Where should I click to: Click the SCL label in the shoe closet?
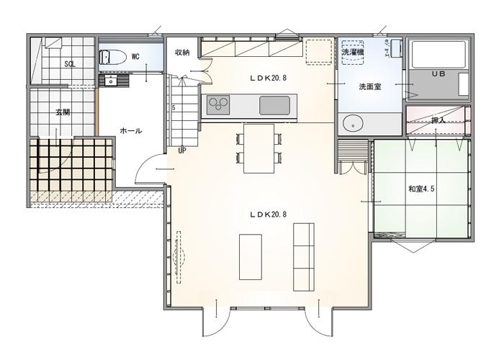(x=70, y=64)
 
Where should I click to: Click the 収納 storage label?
(x=182, y=53)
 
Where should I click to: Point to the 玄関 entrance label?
(x=63, y=112)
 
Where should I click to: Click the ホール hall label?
(x=130, y=131)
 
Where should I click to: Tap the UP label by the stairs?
(x=182, y=151)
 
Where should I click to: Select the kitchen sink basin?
(x=274, y=105)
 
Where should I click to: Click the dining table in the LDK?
(x=258, y=148)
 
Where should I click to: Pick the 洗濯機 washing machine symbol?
(x=353, y=53)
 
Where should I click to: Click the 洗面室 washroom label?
(x=370, y=86)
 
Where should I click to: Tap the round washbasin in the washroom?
(x=354, y=124)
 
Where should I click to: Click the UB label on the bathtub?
(x=438, y=74)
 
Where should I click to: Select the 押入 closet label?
(x=438, y=121)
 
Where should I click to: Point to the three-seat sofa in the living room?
(x=303, y=256)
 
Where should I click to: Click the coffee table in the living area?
(x=250, y=256)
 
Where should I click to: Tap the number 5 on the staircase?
(x=174, y=108)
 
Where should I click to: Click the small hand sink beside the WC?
(x=111, y=81)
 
